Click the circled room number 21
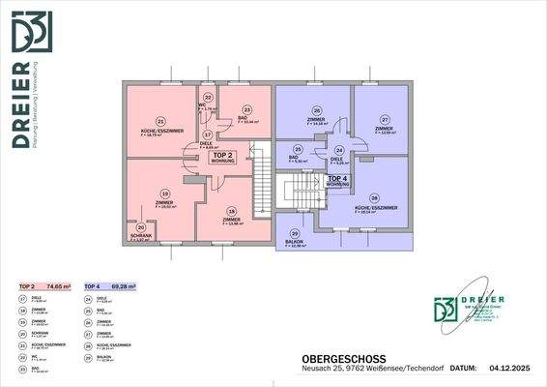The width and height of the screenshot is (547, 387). tap(159, 120)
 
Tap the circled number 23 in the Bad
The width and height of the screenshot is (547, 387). tap(247, 110)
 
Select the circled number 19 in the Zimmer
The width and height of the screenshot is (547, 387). tap(165, 193)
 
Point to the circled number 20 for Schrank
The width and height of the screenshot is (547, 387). tap(140, 227)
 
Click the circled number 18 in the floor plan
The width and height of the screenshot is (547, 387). tap(231, 211)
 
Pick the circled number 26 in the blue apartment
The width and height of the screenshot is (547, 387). tap(315, 110)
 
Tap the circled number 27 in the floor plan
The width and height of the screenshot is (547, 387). tap(385, 118)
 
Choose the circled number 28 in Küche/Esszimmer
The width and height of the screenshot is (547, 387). tap(374, 197)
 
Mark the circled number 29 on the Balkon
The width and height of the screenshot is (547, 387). tap(295, 233)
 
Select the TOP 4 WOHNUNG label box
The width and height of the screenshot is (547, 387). tap(338, 180)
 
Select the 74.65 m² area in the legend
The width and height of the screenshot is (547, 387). tap(65, 287)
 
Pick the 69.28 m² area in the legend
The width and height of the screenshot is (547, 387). tap(123, 287)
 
